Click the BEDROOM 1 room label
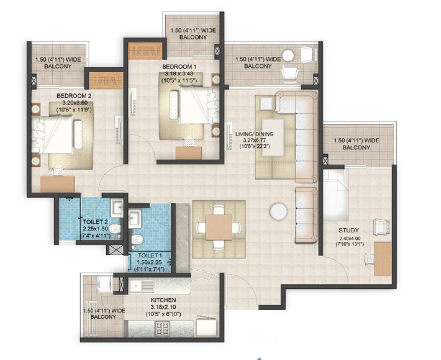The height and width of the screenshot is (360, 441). [179, 67]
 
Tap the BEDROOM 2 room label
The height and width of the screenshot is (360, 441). [74, 96]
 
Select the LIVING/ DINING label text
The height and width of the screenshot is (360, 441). [254, 134]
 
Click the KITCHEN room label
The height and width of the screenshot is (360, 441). [163, 300]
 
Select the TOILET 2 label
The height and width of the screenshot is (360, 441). [95, 222]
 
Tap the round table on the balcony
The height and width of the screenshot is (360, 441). [288, 55]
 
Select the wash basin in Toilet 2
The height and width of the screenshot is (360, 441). [118, 207]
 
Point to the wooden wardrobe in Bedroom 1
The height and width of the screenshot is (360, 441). [146, 51]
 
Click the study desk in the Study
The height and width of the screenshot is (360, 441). [382, 258]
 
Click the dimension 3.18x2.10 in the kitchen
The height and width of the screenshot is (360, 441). [163, 307]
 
